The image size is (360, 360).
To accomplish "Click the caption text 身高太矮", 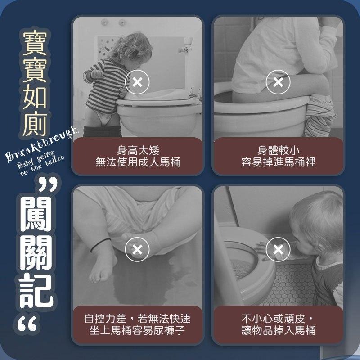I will pos(138,150).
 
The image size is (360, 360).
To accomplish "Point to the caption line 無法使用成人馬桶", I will pos(138,162).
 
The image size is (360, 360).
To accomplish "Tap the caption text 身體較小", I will pos(278,150).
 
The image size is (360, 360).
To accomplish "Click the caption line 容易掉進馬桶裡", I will pos(278,162).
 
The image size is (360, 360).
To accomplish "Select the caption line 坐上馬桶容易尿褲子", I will pos(138,331).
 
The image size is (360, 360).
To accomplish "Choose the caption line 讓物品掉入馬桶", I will pos(278,331).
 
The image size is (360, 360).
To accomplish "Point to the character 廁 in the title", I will pos(36,123).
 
